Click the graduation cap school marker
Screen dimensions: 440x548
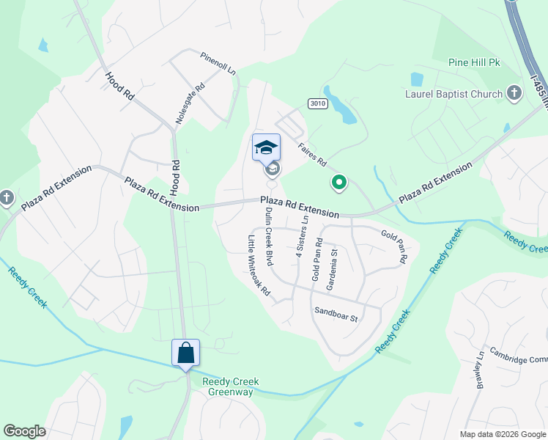click(266, 147)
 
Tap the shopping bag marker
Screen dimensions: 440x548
click(185, 352)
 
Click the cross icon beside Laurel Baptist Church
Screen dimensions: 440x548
click(514, 93)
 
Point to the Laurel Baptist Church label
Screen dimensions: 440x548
click(454, 94)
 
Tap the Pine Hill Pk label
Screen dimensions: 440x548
click(474, 63)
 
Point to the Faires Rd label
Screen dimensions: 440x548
click(311, 153)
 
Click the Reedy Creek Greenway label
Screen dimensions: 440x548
click(228, 386)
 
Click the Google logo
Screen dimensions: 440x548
click(24, 431)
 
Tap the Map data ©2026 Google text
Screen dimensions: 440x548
click(502, 434)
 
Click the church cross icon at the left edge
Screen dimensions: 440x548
click(7, 197)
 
